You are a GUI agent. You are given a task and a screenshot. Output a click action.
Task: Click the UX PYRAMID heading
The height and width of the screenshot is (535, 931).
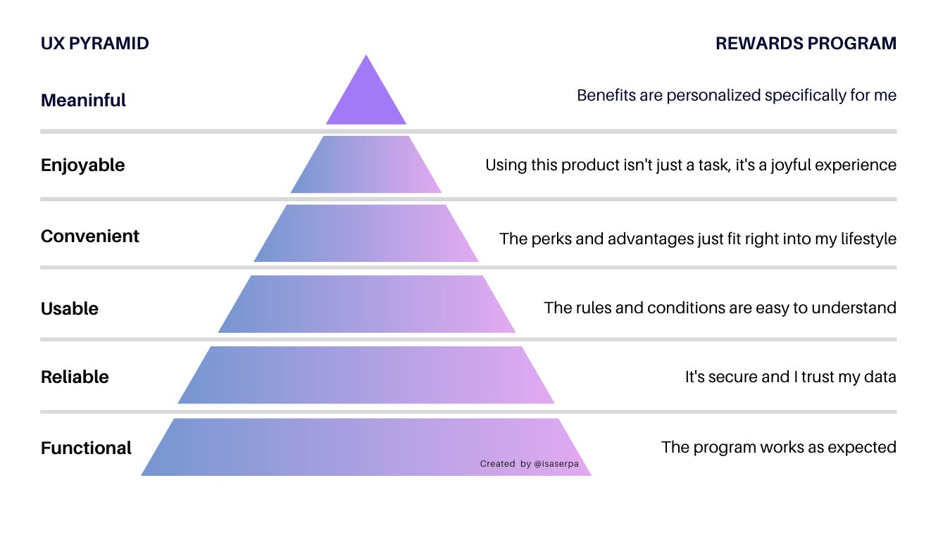94,44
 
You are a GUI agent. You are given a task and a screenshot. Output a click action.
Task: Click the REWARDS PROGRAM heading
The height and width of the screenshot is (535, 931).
806,44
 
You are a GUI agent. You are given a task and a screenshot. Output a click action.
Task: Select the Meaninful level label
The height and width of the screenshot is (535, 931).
83,100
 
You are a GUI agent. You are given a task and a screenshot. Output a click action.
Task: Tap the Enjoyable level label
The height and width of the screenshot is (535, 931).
82,165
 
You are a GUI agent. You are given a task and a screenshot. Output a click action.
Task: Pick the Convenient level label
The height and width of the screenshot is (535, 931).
89,236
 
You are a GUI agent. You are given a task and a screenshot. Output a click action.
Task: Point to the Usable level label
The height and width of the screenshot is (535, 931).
69,308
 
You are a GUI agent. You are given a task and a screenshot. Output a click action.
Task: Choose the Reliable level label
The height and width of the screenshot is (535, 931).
75,377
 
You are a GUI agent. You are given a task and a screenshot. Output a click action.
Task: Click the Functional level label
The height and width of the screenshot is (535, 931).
86,448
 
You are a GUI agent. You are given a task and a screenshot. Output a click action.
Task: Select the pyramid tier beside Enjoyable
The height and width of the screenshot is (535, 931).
366,165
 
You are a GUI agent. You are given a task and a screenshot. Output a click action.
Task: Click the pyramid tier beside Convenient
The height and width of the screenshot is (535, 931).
366,234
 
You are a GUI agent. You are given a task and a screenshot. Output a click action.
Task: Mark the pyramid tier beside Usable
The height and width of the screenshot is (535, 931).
366,304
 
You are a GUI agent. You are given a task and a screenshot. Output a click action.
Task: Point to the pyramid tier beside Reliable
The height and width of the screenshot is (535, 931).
366,375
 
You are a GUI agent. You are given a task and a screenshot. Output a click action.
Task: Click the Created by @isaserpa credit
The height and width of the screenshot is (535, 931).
534,464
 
